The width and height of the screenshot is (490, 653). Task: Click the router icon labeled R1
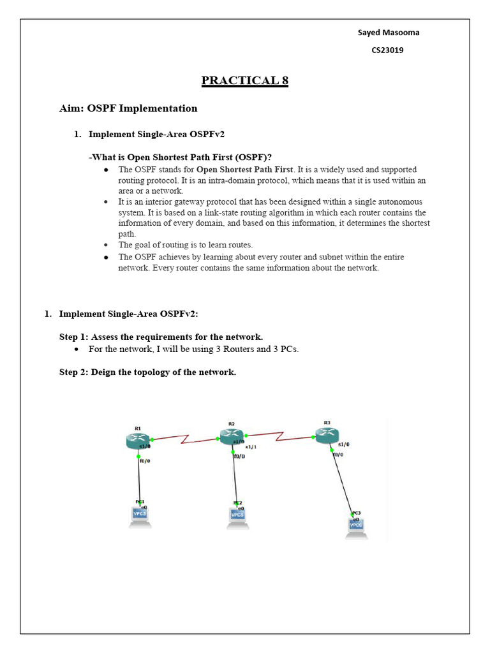(137, 439)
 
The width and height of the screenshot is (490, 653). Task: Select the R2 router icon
(231, 436)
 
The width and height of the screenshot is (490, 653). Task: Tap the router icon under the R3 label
(326, 434)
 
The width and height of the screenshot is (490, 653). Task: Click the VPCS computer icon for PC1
(140, 516)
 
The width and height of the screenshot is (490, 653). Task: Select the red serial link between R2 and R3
(279, 436)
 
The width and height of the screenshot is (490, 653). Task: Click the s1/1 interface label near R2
(251, 447)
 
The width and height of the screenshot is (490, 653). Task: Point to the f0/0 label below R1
(145, 460)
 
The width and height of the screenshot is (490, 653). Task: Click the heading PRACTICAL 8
(244, 81)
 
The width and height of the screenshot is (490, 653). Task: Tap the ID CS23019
(387, 50)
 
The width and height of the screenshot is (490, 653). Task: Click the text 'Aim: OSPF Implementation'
(128, 108)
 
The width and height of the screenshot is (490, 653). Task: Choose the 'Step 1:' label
(74, 337)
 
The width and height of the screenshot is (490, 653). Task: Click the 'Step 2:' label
(74, 372)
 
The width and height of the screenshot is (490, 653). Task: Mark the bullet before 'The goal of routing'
(105, 245)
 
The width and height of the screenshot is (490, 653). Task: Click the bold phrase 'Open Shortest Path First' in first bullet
(244, 170)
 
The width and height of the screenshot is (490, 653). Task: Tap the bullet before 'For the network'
(76, 349)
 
